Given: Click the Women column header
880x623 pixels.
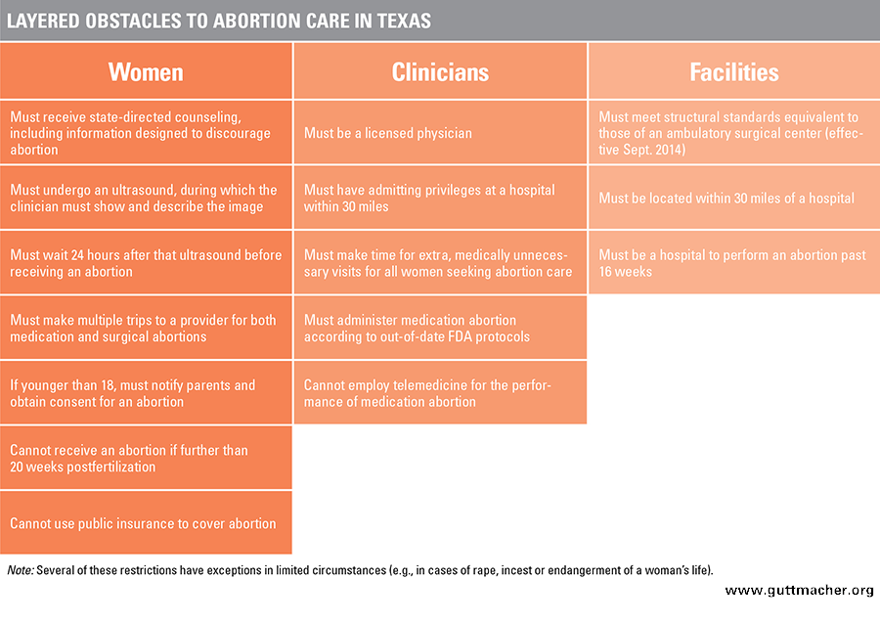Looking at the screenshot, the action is [146, 71].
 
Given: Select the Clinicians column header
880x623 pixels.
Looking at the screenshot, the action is [440, 71].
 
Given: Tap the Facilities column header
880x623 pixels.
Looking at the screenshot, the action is [734, 71].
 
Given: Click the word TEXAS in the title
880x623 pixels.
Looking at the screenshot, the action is [404, 21].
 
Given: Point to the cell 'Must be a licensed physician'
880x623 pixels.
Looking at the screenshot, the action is [440, 132].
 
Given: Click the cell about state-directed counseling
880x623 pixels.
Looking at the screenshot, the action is [146, 132].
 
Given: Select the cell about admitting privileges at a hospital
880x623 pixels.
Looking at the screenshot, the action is [440, 198].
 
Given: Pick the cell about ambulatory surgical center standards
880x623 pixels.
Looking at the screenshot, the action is [734, 132].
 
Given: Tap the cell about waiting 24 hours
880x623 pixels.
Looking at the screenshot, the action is [146, 263].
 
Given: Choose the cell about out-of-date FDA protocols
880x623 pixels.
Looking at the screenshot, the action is [440, 328].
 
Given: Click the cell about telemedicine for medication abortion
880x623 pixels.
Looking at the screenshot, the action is [440, 393].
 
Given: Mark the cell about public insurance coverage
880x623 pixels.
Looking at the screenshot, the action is [146, 523].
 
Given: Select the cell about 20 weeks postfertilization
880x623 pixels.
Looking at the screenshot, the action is [146, 458].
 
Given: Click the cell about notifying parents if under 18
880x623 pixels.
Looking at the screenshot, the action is [146, 393].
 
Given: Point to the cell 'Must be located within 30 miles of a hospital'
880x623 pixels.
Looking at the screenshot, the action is [734, 198].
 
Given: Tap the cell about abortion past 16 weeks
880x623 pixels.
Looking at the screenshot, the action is [734, 263].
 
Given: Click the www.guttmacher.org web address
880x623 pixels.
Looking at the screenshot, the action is [799, 590].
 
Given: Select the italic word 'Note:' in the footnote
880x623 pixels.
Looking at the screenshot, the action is [21, 570].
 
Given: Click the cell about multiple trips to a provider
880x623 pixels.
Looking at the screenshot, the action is [146, 328].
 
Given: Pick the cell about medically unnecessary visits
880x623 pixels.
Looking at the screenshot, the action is [440, 263].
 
